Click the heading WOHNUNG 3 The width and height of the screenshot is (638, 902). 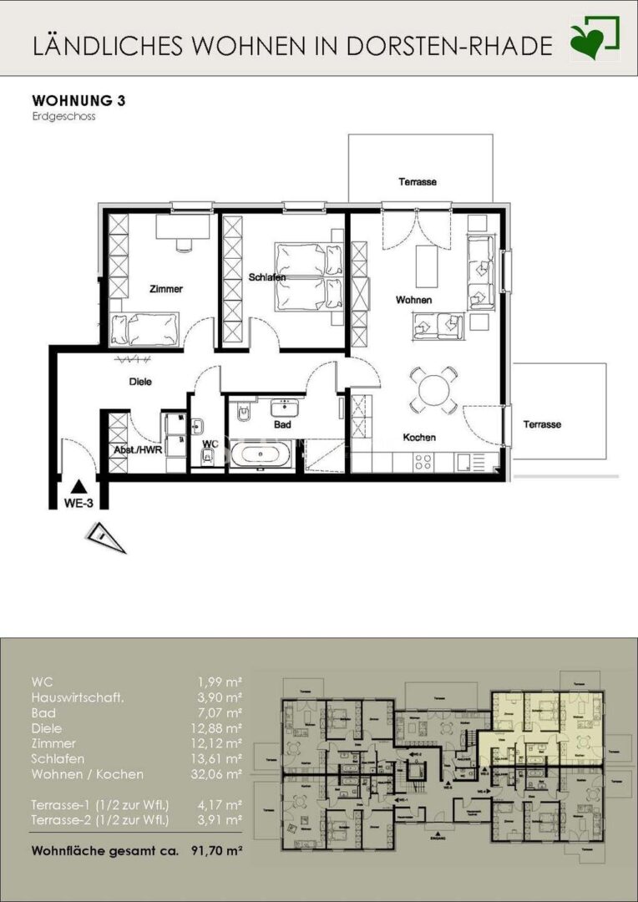(x=78, y=101)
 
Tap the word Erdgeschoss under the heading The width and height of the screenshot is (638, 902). (x=63, y=118)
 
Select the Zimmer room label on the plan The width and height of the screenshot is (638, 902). (x=165, y=289)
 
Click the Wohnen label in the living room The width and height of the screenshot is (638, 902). (x=413, y=299)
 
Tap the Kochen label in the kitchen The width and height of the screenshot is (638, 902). (x=419, y=437)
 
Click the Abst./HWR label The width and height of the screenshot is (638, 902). (x=138, y=449)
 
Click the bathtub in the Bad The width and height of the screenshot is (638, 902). (x=261, y=457)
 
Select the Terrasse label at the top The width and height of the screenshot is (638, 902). (x=418, y=181)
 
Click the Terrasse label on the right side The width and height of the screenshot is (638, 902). (x=542, y=424)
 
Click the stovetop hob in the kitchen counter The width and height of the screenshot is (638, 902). (x=423, y=461)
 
